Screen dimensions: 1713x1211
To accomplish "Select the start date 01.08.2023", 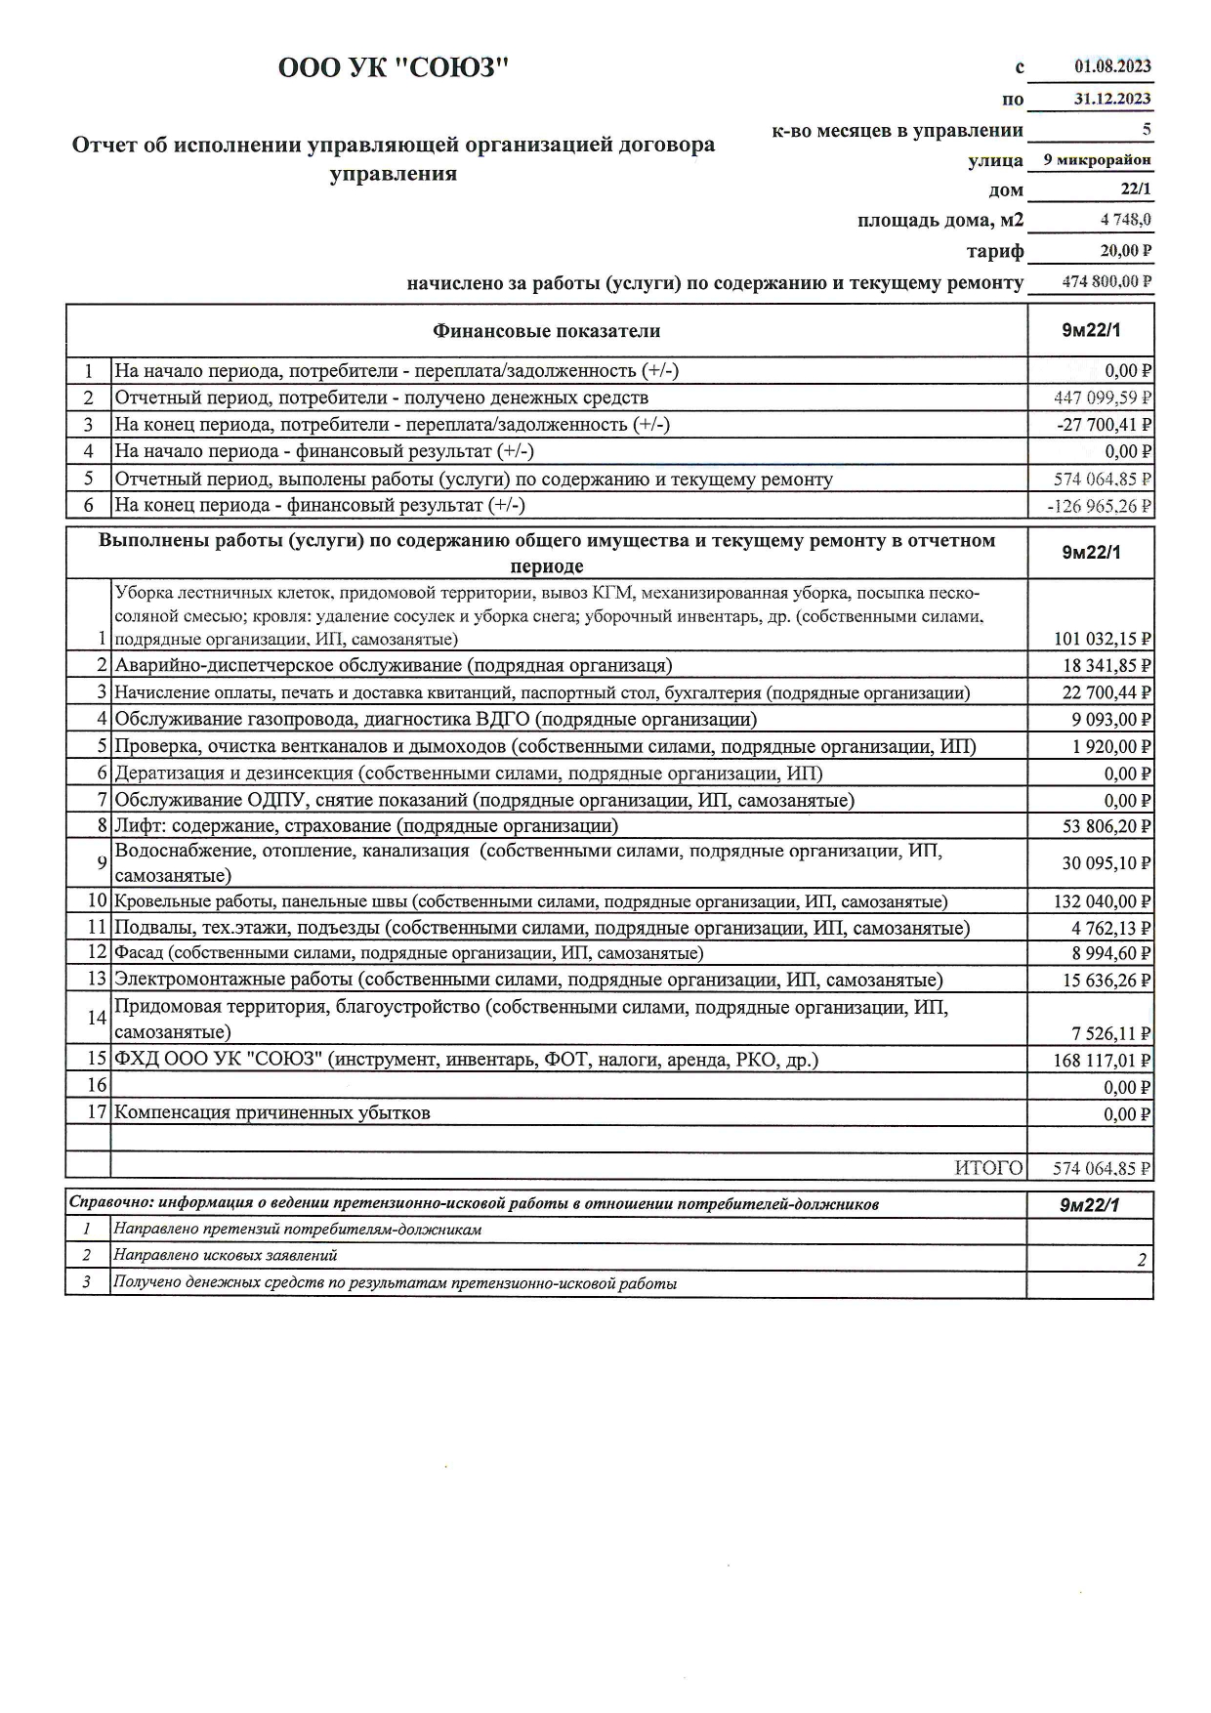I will (1112, 66).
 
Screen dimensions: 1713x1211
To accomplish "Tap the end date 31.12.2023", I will (1112, 99).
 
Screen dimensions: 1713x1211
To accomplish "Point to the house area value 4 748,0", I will (1126, 220).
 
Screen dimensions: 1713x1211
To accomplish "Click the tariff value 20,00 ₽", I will (1126, 251).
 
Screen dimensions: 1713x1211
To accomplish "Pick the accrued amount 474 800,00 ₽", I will (1107, 282).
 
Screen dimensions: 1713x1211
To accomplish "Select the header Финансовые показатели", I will (546, 331).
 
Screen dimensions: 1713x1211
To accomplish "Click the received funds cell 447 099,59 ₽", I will (1103, 397).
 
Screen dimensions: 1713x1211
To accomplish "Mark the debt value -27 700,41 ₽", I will (1105, 425).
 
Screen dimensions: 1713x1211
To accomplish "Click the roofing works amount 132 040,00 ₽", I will (1103, 901).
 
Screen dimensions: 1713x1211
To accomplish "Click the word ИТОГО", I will (988, 1168).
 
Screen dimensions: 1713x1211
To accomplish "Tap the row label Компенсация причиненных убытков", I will (272, 1113).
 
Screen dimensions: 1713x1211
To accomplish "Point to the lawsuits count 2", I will (1142, 1260).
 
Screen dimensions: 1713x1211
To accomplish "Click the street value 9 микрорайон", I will (1097, 160).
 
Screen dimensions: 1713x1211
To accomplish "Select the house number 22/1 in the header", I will (1136, 189).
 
